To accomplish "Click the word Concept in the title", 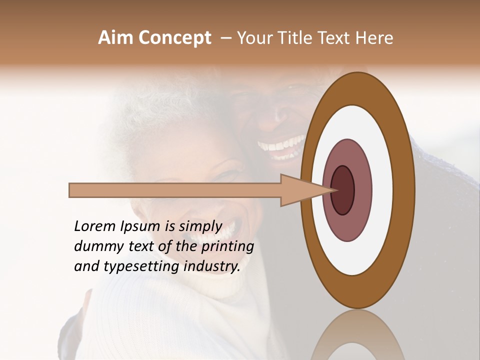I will [174, 38].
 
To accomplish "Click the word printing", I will [227, 247].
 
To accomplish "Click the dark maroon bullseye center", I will [343, 190].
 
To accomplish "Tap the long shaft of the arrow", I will [175, 190].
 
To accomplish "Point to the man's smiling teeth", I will [280, 146].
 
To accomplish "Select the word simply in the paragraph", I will [200, 227].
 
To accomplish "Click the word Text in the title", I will [338, 38].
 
